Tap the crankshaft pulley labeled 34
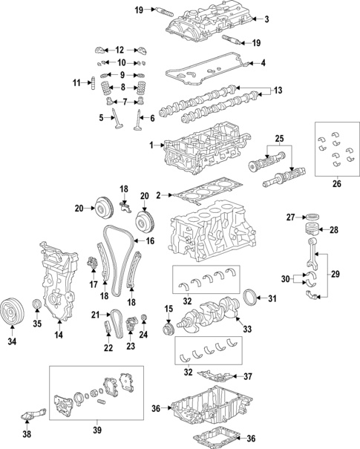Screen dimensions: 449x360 [11, 309]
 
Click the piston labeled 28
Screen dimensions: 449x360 [312, 230]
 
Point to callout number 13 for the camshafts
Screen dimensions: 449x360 [278, 91]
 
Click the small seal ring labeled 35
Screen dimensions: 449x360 [37, 305]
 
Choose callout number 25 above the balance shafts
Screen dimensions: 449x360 [280, 139]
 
